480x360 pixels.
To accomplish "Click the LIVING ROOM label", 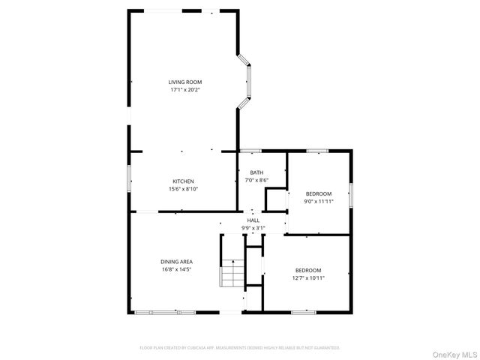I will tap(184, 82).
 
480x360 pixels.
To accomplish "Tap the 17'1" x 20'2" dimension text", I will tap(184, 90).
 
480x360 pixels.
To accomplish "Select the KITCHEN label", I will tap(183, 181).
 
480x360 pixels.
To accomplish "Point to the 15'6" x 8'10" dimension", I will tap(183, 189).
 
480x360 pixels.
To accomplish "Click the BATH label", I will tap(256, 172).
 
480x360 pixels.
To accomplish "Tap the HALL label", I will tap(253, 220).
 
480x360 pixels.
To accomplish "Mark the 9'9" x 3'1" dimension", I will tap(253, 227).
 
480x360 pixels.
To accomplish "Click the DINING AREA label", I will tap(176, 261).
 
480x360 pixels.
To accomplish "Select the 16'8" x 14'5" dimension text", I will tap(176, 269).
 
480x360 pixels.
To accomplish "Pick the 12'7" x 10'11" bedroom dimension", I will tap(307, 277).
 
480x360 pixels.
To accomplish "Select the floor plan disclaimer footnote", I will tap(240, 348).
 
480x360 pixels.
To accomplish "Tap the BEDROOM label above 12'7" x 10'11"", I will tap(307, 270).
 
